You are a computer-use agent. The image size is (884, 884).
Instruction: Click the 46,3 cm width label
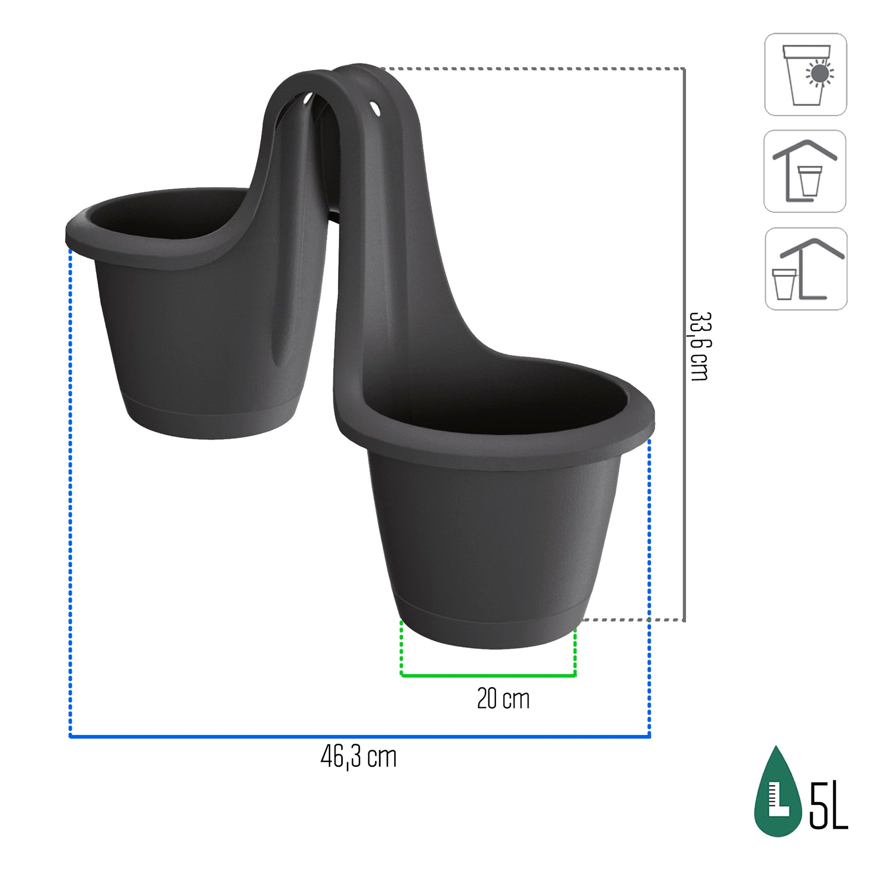(358, 757)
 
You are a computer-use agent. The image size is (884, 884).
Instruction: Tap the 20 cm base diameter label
(503, 699)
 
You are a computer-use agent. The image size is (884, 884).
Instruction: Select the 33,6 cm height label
(699, 346)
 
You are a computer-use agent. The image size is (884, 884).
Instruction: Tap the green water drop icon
(777, 800)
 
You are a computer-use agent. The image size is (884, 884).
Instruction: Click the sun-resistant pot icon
(805, 74)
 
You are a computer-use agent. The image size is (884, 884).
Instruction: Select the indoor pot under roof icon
(805, 171)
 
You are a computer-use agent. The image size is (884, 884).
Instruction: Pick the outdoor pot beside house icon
(806, 268)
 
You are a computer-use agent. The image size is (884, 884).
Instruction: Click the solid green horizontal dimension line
(488, 675)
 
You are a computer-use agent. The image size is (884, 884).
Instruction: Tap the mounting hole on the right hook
(375, 109)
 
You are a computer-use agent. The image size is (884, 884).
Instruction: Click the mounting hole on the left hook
(306, 99)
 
